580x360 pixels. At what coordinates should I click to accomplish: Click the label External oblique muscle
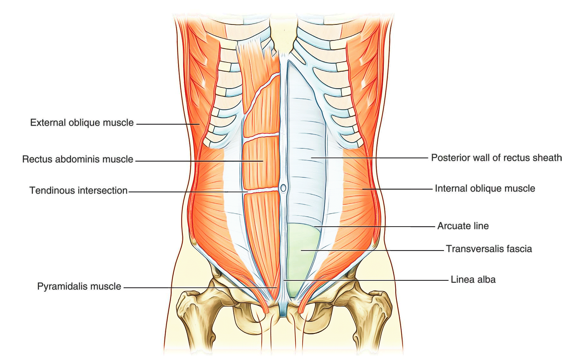tap(82, 123)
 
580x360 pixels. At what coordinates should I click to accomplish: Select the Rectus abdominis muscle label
tap(78, 159)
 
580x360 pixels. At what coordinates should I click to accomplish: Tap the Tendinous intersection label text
tap(78, 190)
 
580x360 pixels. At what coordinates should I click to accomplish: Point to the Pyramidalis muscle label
tap(79, 286)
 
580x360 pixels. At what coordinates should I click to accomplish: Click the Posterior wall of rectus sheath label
tap(496, 158)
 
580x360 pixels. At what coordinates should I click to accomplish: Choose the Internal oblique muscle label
tap(485, 188)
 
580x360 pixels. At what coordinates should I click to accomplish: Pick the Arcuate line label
tap(463, 226)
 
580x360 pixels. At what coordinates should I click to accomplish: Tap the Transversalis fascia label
tap(489, 249)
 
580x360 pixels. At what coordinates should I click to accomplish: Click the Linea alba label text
tap(473, 280)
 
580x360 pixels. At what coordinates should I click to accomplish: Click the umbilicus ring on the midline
tap(283, 188)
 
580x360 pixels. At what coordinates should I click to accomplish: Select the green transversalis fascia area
tap(301, 255)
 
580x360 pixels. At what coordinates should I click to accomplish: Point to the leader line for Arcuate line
tap(374, 227)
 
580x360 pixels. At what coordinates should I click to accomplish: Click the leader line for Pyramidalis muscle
tap(200, 288)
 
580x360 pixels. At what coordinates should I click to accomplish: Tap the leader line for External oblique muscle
tap(168, 124)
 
